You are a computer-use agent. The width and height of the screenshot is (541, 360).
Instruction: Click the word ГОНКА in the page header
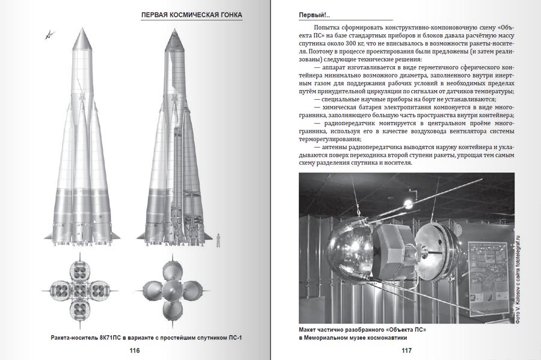coord(230,14)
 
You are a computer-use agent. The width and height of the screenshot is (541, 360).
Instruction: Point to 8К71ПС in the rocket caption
coord(127,337)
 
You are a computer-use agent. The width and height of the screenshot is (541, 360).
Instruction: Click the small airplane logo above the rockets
coord(49,35)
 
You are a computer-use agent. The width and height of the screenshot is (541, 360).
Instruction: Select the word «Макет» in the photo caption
coord(311,331)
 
